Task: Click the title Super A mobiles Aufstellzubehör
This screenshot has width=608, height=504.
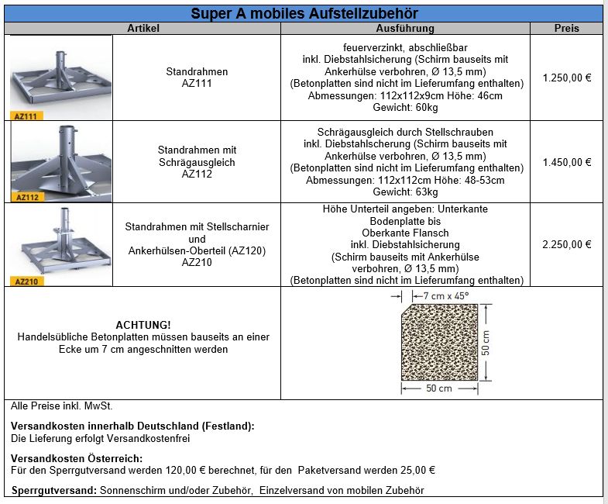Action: click(x=304, y=13)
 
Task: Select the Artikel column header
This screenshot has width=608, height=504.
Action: click(x=143, y=29)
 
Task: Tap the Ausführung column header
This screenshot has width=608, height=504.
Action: click(x=405, y=29)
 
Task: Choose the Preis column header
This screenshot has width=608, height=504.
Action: click(x=566, y=29)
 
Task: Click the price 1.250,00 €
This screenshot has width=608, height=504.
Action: click(x=567, y=78)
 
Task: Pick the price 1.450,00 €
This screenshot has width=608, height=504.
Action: click(x=567, y=163)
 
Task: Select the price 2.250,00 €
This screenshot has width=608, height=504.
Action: click(x=567, y=244)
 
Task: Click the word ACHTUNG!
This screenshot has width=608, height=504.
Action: click(x=143, y=324)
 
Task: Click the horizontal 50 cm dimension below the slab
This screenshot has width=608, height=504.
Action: click(x=439, y=388)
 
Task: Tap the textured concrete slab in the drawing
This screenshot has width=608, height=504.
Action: click(x=438, y=342)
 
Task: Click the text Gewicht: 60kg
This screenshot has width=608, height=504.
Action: click(x=405, y=107)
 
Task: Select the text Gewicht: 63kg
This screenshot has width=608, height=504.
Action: click(x=405, y=192)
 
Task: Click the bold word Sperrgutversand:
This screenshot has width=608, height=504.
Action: click(x=54, y=490)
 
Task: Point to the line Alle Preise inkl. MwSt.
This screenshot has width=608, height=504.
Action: click(x=63, y=406)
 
